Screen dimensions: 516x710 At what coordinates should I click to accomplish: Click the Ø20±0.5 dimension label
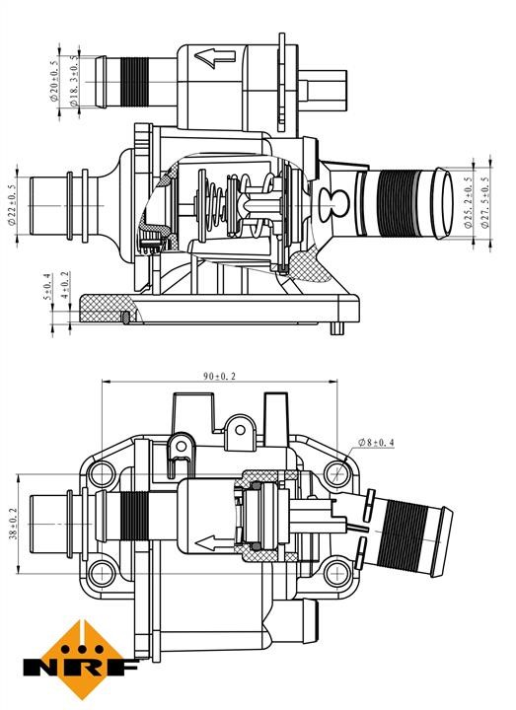point(55,81)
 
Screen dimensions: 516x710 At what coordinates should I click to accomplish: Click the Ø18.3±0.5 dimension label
point(74,82)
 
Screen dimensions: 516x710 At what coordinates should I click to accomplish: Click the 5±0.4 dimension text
point(46,287)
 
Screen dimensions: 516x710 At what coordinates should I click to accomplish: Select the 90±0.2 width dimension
point(219,376)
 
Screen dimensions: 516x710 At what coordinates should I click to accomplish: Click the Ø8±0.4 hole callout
point(376,443)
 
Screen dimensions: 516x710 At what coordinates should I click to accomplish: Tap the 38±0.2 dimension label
point(13,524)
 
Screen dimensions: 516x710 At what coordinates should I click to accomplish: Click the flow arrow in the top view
point(215,58)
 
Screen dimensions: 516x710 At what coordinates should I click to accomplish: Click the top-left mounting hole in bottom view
point(102,474)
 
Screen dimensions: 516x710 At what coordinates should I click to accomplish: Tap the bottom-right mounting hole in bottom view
point(337,573)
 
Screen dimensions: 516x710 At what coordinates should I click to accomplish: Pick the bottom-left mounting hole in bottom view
point(102,573)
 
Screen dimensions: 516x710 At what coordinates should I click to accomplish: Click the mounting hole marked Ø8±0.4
point(337,474)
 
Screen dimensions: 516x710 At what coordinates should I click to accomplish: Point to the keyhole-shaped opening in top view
point(333,205)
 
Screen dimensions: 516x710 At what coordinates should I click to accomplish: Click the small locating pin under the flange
point(336,328)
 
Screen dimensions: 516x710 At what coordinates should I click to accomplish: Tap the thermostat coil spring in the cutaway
point(214,204)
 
